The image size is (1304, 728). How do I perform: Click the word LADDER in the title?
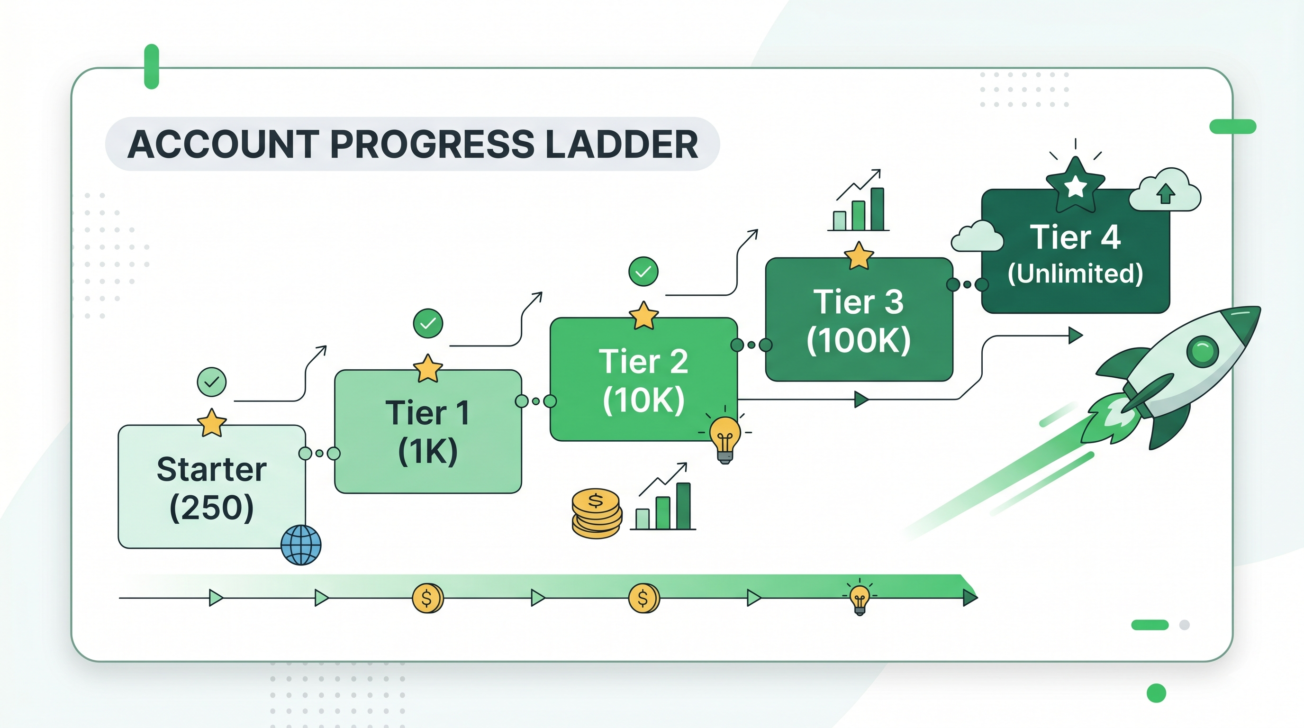click(x=623, y=144)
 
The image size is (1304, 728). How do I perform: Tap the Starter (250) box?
click(x=212, y=486)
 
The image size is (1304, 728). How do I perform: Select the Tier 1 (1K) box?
click(x=428, y=431)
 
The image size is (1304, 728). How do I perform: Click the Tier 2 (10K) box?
click(x=643, y=379)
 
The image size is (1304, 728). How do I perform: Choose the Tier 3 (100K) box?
click(x=859, y=319)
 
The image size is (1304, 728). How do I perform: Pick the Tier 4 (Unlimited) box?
click(x=1075, y=251)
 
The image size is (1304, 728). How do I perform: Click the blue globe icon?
click(x=301, y=545)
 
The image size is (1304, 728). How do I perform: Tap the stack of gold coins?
click(x=596, y=513)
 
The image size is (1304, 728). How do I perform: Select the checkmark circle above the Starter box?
click(x=212, y=382)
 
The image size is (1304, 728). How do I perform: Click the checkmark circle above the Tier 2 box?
click(x=643, y=272)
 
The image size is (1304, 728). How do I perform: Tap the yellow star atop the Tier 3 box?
click(x=859, y=255)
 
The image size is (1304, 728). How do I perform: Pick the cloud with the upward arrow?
click(x=1165, y=190)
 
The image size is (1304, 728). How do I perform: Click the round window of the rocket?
click(x=1203, y=351)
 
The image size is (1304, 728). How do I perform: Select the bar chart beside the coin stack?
click(x=662, y=497)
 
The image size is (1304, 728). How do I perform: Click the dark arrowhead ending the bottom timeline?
click(x=970, y=598)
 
